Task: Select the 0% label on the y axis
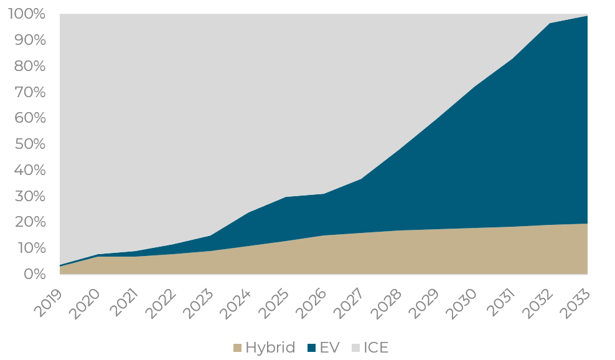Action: click(x=35, y=274)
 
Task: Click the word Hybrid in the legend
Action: click(x=270, y=348)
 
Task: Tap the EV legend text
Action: click(x=329, y=348)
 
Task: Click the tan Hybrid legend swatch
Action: click(x=237, y=348)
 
